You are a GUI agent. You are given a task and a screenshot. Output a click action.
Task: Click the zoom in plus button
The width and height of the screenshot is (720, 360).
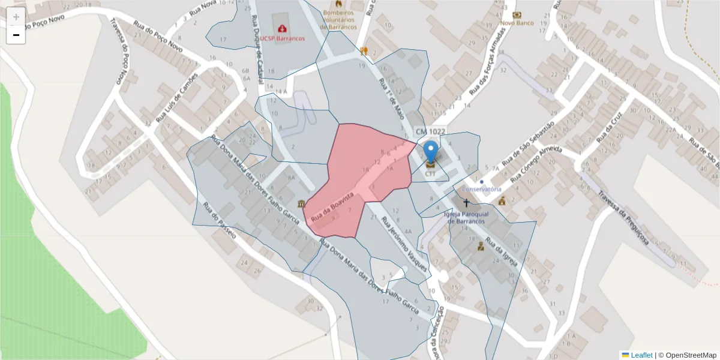pyautogui.click(x=16, y=17)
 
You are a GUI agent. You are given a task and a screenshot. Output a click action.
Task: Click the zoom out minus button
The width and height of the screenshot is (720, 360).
pyautogui.click(x=16, y=35)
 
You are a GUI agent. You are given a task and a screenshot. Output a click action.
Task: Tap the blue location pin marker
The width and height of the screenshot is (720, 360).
pyautogui.click(x=430, y=152)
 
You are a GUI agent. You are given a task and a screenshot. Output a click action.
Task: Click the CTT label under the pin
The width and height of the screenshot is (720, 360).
pyautogui.click(x=430, y=174)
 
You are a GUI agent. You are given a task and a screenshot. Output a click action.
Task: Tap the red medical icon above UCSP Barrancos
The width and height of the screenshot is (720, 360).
pyautogui.click(x=282, y=28)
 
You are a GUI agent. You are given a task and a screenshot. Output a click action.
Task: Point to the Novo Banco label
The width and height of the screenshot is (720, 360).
pyautogui.click(x=517, y=23)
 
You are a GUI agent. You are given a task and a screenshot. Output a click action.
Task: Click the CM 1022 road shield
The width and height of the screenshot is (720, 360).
pyautogui.click(x=430, y=131)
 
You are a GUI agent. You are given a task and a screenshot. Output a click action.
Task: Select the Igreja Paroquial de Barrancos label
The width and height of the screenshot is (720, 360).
pyautogui.click(x=466, y=217)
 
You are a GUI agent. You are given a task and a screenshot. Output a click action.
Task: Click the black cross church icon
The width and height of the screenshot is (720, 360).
pyautogui.click(x=466, y=203)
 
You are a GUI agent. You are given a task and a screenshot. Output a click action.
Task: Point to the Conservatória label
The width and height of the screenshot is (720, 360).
pyautogui.click(x=481, y=189)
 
